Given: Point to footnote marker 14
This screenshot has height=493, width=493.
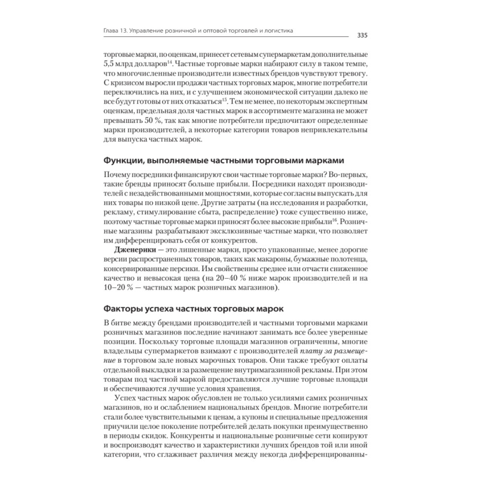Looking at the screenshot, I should (169, 62).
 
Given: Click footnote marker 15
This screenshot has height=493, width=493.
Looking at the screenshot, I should (224, 99).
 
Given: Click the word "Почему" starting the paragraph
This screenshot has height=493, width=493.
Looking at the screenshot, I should (118, 176).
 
